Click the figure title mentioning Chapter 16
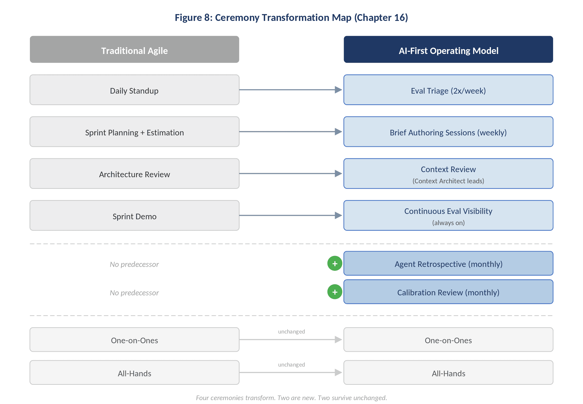(x=291, y=18)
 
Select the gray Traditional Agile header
(x=134, y=50)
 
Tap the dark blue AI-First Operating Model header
(x=448, y=50)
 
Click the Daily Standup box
(x=134, y=90)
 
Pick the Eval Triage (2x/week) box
(x=448, y=90)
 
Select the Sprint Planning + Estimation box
(x=134, y=132)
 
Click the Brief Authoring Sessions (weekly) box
(x=448, y=132)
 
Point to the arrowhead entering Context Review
(x=338, y=174)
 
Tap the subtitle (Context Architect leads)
(x=448, y=181)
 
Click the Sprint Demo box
(x=134, y=216)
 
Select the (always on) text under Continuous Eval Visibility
(x=448, y=223)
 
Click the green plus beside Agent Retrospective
(x=335, y=263)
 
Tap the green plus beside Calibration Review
(x=335, y=292)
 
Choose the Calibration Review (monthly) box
(x=448, y=292)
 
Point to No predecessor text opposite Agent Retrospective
(x=134, y=264)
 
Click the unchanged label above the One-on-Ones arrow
(x=291, y=332)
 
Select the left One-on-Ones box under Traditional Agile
(x=134, y=340)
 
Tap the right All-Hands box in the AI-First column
(x=448, y=373)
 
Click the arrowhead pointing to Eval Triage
(x=338, y=90)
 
